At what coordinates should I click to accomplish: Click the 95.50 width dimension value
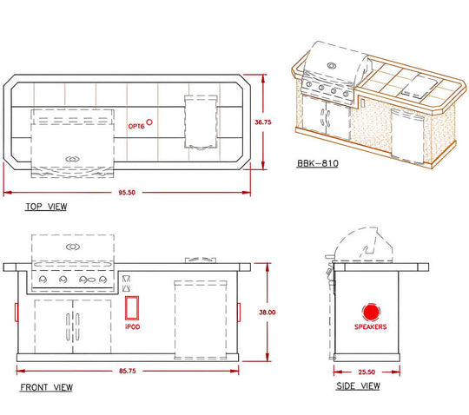127,192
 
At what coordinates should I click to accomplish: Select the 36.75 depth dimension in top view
263,122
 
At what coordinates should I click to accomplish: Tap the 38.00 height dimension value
268,313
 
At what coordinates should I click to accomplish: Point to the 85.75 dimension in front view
128,371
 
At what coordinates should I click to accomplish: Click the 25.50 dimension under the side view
367,372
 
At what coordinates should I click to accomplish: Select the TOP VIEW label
46,207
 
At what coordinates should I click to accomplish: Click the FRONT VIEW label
46,387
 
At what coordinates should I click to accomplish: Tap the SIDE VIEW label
358,386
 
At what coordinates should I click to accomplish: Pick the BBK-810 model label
318,163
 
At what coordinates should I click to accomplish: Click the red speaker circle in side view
371,312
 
